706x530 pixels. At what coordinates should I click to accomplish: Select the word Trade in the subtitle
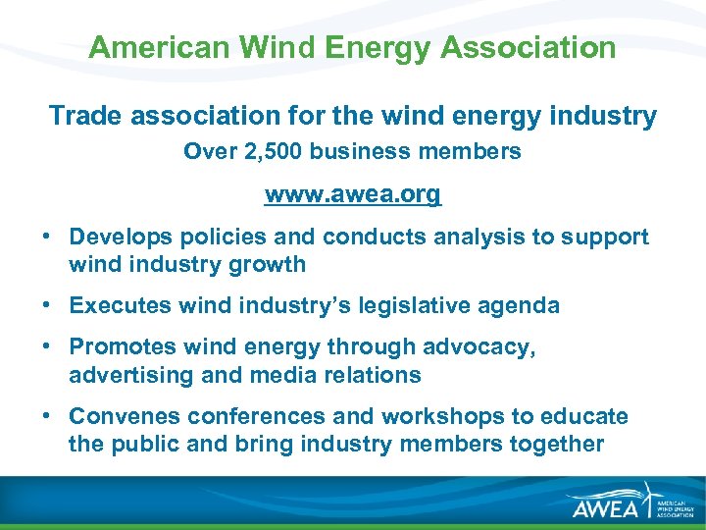(x=82, y=116)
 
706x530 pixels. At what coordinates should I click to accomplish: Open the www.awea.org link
(x=353, y=194)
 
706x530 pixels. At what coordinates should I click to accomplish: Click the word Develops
(x=119, y=237)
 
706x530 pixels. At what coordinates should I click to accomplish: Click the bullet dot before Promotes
(x=46, y=347)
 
